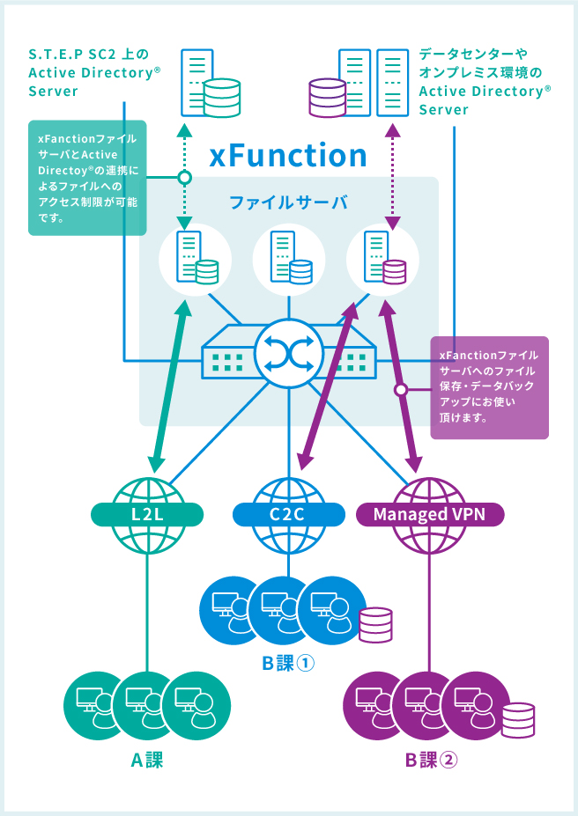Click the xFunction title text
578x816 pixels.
point(288,156)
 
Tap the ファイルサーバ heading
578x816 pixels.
point(288,202)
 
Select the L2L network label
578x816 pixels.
point(147,513)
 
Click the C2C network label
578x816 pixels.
point(288,513)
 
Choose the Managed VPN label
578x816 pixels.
point(429,513)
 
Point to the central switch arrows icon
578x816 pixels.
point(288,354)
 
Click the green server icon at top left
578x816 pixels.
point(210,85)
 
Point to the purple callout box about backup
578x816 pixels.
point(489,387)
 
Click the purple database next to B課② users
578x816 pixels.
point(517,720)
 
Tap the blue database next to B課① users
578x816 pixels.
point(375,623)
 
